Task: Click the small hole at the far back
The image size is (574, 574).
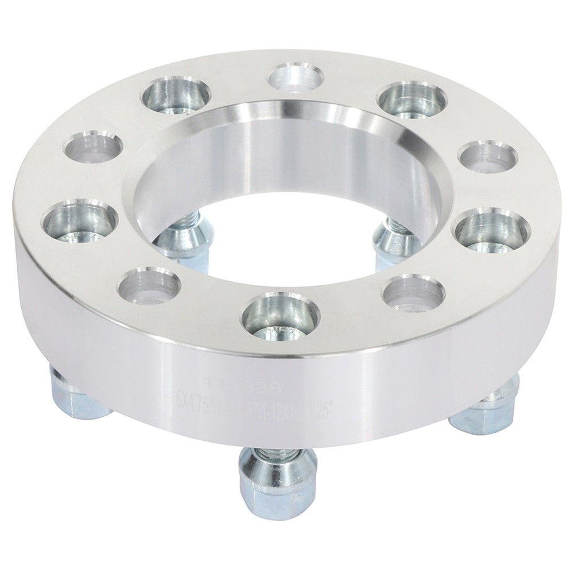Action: click(x=295, y=76)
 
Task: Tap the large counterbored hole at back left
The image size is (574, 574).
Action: click(x=176, y=95)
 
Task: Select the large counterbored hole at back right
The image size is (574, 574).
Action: click(x=412, y=98)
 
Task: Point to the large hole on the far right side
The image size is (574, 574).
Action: click(x=492, y=230)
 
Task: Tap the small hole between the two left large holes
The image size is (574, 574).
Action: click(x=95, y=147)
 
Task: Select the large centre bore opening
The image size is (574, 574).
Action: click(x=287, y=189)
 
